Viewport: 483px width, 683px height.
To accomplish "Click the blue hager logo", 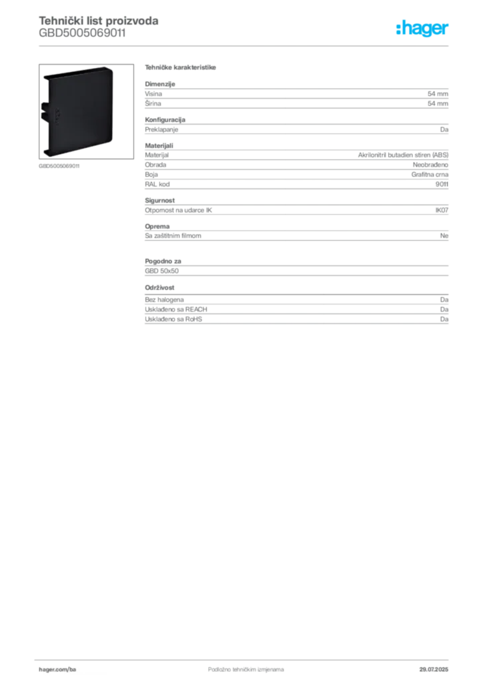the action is (423, 29).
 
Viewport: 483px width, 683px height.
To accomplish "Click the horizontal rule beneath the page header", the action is (246, 45).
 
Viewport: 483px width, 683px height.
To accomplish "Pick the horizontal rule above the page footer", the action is (246, 657).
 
